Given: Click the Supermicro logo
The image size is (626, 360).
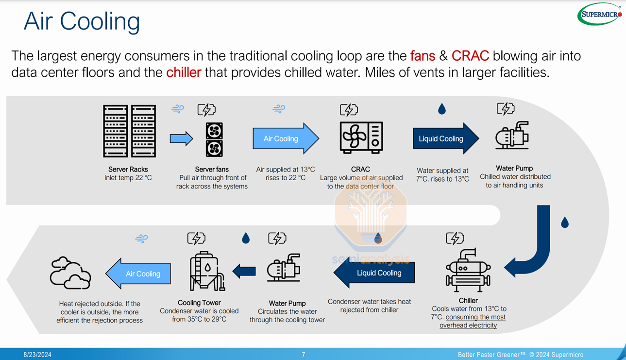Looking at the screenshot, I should click(600, 14).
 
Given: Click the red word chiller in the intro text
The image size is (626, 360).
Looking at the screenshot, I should click(183, 73).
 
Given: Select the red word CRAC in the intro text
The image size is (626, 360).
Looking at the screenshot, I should click(470, 56).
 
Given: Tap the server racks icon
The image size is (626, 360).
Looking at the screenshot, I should click(129, 131).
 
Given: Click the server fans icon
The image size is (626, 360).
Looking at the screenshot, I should click(214, 139).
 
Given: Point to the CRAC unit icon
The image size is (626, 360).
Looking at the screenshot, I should click(361, 137).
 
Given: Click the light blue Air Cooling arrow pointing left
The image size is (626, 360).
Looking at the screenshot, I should click(138, 274).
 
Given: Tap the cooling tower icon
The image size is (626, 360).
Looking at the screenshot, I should click(206, 271).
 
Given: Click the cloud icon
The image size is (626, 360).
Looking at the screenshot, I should click(70, 273).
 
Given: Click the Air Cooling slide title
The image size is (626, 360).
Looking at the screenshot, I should click(82, 21).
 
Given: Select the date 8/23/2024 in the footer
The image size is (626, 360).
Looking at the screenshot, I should click(37, 355).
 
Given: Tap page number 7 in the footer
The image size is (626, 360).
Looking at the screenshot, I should click(304, 355).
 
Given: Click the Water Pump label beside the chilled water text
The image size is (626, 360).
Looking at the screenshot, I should click(514, 168).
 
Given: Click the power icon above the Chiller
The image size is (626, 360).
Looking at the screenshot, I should click(455, 238).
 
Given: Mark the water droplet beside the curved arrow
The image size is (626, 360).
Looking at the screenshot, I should click(564, 223).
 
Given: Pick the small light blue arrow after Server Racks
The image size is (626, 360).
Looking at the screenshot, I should click(181, 139).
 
